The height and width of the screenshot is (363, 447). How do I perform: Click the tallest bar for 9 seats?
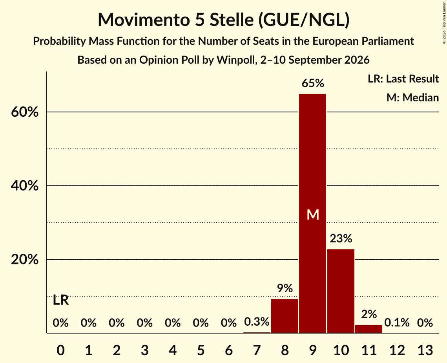tap(312, 213)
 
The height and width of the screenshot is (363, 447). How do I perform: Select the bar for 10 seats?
tap(341, 291)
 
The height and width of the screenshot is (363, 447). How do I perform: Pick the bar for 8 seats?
tap(285, 316)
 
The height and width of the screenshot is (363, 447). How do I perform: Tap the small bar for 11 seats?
tap(369, 329)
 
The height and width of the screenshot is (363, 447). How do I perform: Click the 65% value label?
tap(313, 83)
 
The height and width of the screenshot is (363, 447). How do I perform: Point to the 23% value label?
tap(341, 238)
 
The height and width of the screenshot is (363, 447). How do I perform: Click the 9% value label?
tap(285, 288)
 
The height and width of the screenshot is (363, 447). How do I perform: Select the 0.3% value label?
tap(257, 322)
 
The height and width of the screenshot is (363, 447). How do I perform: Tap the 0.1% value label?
tap(397, 323)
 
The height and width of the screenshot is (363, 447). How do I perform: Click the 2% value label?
tap(369, 314)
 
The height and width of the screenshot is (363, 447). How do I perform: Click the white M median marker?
tap(313, 214)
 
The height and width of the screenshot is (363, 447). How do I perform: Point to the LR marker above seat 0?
tap(61, 300)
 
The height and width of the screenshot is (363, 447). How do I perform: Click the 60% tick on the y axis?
tap(25, 112)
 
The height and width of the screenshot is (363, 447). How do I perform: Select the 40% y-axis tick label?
tap(25, 186)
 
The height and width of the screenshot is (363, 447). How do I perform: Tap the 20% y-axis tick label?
tap(25, 260)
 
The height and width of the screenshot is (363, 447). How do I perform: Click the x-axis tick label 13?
tap(425, 350)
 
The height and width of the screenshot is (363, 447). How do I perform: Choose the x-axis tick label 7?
tap(257, 350)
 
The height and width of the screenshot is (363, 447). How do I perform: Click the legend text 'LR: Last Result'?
tap(403, 79)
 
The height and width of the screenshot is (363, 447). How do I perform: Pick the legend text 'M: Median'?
tap(412, 97)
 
